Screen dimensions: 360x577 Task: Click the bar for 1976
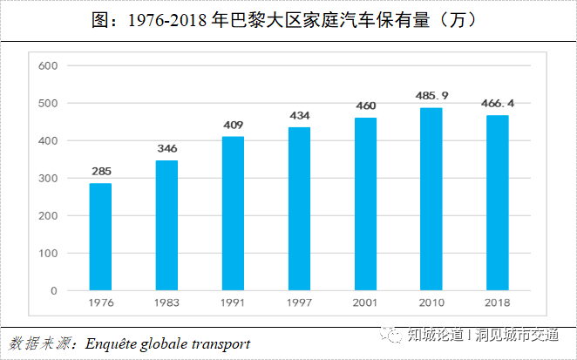[x=100, y=236]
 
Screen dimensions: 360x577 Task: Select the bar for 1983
[x=166, y=225]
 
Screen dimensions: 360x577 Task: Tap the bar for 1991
[x=233, y=213]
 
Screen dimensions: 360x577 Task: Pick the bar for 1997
[x=299, y=208]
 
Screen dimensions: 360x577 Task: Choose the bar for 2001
[x=365, y=203]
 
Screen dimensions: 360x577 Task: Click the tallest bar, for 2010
[x=431, y=199]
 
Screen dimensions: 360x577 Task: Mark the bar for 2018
[x=498, y=202]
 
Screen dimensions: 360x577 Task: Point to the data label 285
[x=100, y=171]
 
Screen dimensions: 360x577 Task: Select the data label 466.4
[x=498, y=103]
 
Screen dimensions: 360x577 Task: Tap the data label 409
[x=233, y=124]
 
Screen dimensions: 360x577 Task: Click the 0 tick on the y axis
[x=53, y=290]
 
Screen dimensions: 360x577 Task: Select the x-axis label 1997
[x=299, y=302]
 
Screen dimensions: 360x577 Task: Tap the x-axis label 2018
[x=498, y=302]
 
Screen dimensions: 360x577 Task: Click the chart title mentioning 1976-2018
[x=288, y=19]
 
